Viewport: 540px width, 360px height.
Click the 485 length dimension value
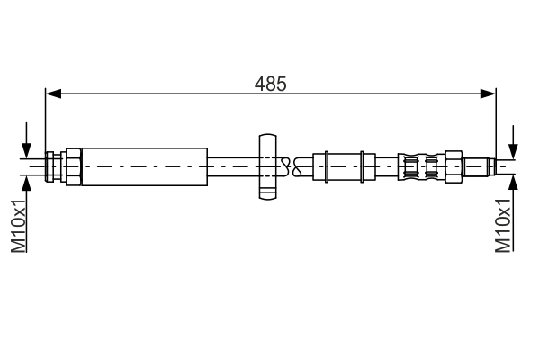270,84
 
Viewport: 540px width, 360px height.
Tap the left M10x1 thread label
19,228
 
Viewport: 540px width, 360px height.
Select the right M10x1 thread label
504,228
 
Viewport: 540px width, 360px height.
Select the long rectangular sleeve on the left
144,165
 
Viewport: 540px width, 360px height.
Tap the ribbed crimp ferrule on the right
421,166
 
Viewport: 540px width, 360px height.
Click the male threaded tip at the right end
481,166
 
